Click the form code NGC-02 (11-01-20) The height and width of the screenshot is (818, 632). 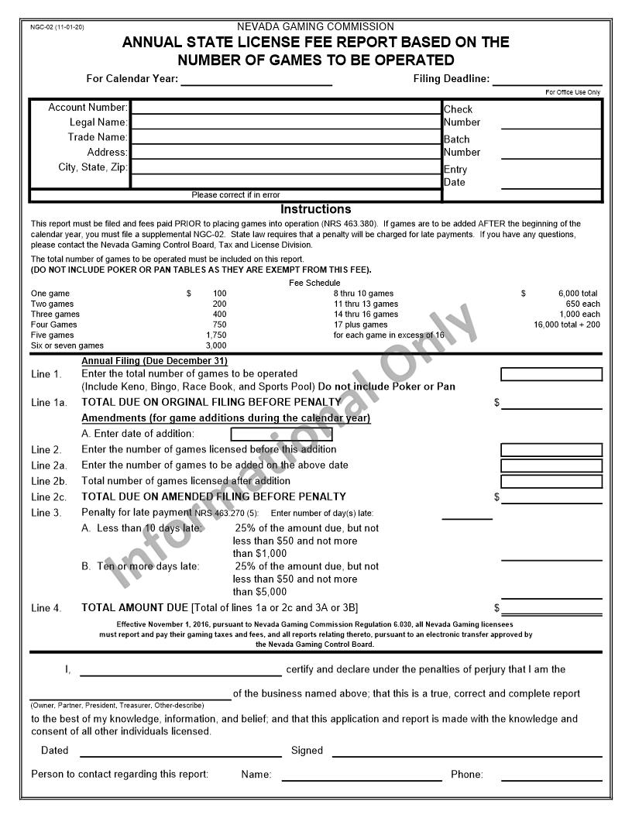[x=57, y=27]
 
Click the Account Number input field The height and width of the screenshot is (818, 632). [x=286, y=108]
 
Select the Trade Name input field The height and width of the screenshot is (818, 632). [x=286, y=137]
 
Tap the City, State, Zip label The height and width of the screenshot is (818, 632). [x=93, y=167]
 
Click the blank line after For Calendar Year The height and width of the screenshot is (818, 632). [x=256, y=79]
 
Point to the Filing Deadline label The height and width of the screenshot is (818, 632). [x=451, y=79]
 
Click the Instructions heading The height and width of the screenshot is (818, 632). [x=315, y=209]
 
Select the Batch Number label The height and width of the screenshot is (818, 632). [x=462, y=146]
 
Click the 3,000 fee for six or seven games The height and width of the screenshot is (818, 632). [x=216, y=345]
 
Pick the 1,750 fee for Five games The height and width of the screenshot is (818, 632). [x=216, y=335]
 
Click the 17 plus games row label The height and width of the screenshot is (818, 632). [x=360, y=325]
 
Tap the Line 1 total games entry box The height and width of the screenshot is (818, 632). [x=551, y=374]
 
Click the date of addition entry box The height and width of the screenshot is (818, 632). [x=281, y=434]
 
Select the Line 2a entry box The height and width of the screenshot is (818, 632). [x=551, y=466]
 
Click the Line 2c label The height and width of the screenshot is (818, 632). [x=49, y=497]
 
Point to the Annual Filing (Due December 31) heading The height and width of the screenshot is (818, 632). [x=154, y=361]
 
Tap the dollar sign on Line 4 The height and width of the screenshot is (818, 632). [x=497, y=609]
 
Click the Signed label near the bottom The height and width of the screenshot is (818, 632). [x=307, y=751]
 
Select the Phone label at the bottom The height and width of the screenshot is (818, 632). [x=466, y=775]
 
